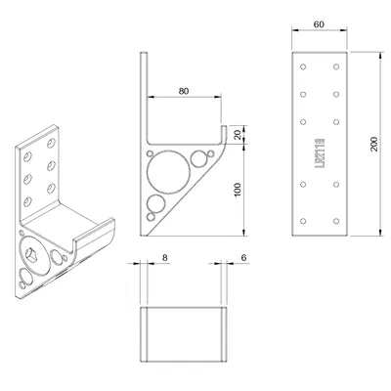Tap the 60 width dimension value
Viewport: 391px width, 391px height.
(320, 23)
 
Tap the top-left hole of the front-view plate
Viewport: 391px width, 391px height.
(305, 69)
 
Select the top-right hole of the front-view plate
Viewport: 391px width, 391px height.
(335, 69)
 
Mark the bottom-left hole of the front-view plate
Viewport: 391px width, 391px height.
(305, 221)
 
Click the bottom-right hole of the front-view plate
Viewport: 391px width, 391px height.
(335, 221)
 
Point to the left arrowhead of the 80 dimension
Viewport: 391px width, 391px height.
(149, 98)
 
